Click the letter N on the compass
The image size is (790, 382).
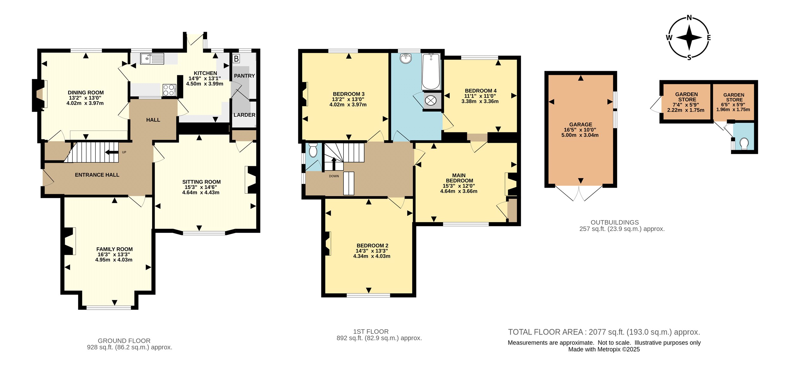pyautogui.click(x=689, y=18)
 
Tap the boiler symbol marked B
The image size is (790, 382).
pyautogui.click(x=236, y=59)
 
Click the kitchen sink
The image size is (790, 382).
pyautogui.click(x=152, y=59)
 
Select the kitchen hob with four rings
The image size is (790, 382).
pyautogui.click(x=169, y=90)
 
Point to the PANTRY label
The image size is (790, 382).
pyautogui.click(x=244, y=76)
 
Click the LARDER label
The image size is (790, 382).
pyautogui.click(x=244, y=115)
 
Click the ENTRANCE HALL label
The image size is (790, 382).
pyautogui.click(x=97, y=175)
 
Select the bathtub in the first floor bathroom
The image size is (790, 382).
pyautogui.click(x=431, y=72)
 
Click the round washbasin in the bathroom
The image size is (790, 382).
pyautogui.click(x=406, y=58)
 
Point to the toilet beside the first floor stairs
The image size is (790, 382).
pyautogui.click(x=313, y=150)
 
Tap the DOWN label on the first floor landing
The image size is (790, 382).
pyautogui.click(x=334, y=176)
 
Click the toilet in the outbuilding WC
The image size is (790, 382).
pyautogui.click(x=744, y=144)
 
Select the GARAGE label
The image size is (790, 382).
pyautogui.click(x=580, y=124)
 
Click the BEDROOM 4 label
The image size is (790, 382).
pyautogui.click(x=481, y=91)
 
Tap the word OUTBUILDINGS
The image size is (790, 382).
pyautogui.click(x=615, y=222)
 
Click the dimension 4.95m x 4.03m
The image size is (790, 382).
pyautogui.click(x=114, y=260)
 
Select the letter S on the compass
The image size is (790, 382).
pyautogui.click(x=689, y=58)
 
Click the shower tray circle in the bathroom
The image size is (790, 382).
pyautogui.click(x=430, y=101)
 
